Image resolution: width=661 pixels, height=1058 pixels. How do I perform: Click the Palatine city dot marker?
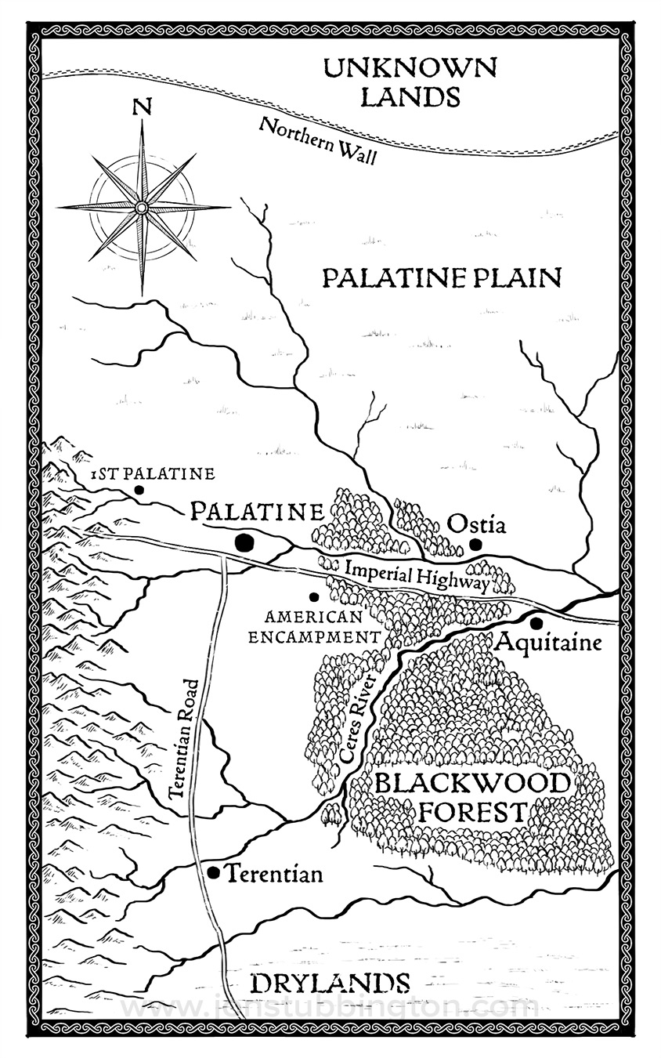click(x=245, y=542)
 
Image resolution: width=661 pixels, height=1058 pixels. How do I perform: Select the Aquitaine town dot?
click(x=536, y=623)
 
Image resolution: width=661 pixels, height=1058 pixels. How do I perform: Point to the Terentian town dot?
click(x=212, y=872)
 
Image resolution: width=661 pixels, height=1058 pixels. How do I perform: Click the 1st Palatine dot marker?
click(x=139, y=490)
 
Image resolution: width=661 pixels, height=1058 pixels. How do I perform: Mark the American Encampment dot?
click(x=313, y=597)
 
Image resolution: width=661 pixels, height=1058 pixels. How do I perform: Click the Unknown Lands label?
click(x=410, y=82)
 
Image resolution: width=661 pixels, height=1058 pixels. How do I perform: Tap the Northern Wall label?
click(x=318, y=140)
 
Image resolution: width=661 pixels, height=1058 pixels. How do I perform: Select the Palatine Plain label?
click(x=442, y=277)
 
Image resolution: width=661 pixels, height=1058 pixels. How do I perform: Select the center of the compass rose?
click(x=141, y=207)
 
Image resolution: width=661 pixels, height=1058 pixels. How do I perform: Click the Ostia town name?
click(x=476, y=524)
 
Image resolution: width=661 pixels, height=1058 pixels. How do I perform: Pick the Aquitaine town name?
click(x=549, y=643)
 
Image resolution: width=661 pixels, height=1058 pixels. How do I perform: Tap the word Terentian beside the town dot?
click(x=274, y=874)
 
